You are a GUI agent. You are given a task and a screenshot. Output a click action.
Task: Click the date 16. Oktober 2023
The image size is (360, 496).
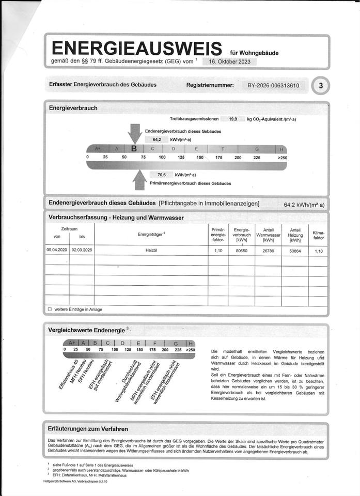tap(229, 61)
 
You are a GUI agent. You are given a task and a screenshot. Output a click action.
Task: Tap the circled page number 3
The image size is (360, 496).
tap(321, 86)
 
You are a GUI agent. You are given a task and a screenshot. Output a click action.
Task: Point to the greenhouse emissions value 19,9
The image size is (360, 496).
tap(233, 119)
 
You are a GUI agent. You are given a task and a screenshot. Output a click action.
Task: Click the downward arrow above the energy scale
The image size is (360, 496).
tap(135, 133)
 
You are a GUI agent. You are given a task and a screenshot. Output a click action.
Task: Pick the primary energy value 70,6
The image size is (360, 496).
tap(161, 175)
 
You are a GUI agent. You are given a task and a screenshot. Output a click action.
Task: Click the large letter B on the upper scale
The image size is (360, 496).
tap(134, 148)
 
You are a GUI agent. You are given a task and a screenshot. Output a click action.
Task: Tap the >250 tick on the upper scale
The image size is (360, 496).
tap(282, 157)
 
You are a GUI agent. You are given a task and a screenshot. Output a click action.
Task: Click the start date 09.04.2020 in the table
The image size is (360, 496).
tap(57, 251)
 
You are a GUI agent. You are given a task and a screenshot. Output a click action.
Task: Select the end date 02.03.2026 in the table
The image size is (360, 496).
tap(82, 251)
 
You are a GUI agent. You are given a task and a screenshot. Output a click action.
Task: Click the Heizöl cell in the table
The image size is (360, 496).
tap(150, 251)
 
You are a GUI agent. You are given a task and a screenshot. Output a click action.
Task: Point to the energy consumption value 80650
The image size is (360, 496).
tap(242, 251)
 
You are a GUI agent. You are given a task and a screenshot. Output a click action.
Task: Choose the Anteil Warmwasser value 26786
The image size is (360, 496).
tap(268, 251)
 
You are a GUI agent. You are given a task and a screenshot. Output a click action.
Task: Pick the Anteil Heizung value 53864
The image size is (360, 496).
tap(295, 251)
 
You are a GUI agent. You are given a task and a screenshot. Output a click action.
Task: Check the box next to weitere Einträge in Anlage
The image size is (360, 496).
tap(50, 309)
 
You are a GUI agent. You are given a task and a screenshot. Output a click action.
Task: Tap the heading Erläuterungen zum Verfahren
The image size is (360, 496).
tap(88, 429)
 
